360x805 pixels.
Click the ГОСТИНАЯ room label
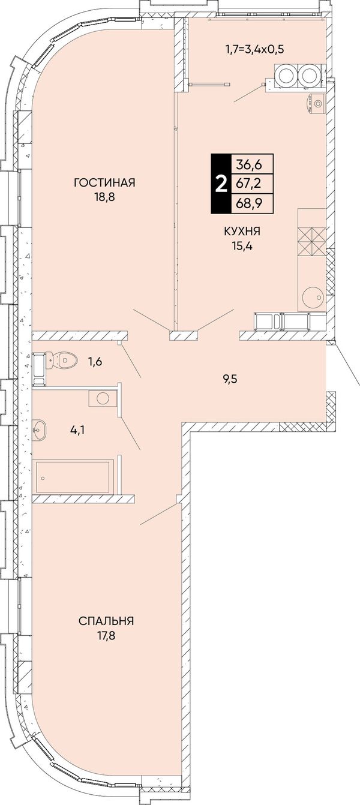pos(104,182)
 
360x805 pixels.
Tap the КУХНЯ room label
pos(242,232)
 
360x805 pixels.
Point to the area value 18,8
pos(104,197)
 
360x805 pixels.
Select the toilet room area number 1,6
pos(95,361)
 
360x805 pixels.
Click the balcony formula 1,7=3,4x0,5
pos(254,49)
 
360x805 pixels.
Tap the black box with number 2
pos(220,184)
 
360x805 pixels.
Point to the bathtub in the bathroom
pos(73,477)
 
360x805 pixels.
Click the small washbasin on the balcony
pos(316,104)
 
